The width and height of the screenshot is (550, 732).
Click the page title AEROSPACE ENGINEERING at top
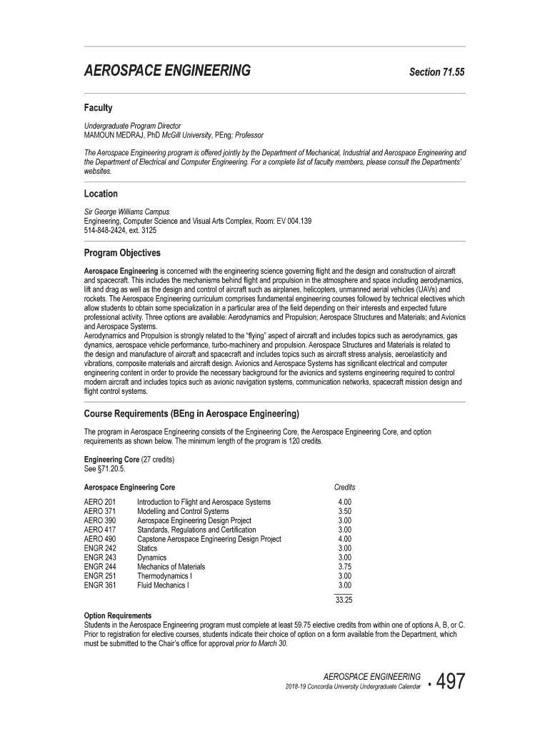click(x=167, y=71)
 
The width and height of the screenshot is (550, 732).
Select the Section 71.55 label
click(x=436, y=72)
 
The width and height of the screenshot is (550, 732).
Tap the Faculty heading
click(x=99, y=108)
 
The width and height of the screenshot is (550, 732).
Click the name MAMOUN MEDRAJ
click(x=115, y=134)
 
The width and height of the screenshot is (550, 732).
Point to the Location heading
click(x=101, y=194)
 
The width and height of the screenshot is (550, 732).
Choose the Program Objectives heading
click(x=122, y=253)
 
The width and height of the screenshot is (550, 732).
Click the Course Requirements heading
click(x=191, y=414)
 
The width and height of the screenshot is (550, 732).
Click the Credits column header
click(x=344, y=487)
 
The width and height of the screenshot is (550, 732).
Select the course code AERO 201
click(x=99, y=503)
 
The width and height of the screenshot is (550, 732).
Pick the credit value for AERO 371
click(x=344, y=512)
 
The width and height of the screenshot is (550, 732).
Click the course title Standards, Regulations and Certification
click(x=196, y=530)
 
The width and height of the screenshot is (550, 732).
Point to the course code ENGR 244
click(x=100, y=567)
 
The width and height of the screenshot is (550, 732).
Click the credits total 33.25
click(x=344, y=600)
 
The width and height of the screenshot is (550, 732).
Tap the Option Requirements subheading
click(x=118, y=615)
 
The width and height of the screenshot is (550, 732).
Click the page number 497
click(x=446, y=682)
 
